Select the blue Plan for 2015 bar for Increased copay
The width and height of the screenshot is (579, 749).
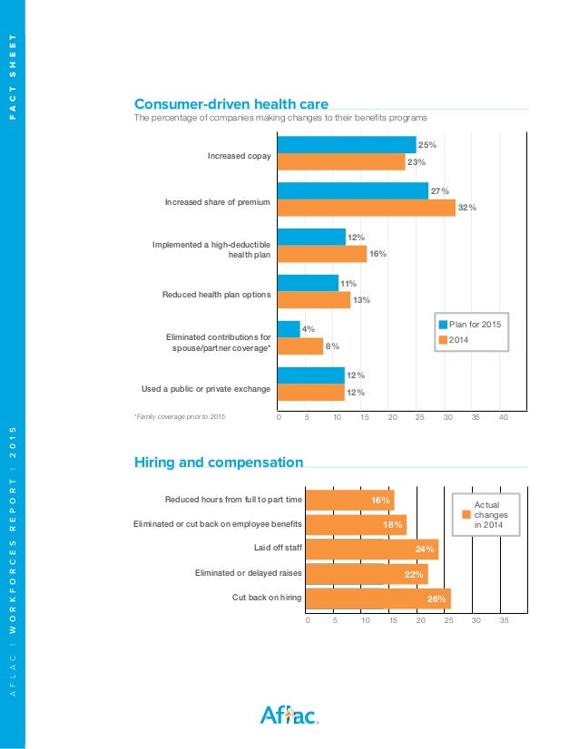click(346, 145)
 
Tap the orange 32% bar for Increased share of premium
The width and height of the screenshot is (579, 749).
click(366, 208)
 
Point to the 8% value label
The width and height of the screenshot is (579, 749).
click(332, 345)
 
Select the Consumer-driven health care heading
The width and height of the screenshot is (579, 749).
click(231, 103)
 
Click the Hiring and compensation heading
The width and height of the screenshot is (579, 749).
click(218, 462)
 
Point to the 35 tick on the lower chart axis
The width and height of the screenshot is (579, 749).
click(505, 620)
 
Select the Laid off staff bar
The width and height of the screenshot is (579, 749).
click(372, 549)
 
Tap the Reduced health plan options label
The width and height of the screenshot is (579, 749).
click(216, 295)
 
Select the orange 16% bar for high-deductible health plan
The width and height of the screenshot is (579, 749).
click(321, 254)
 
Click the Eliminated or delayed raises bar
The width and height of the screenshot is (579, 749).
click(367, 573)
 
